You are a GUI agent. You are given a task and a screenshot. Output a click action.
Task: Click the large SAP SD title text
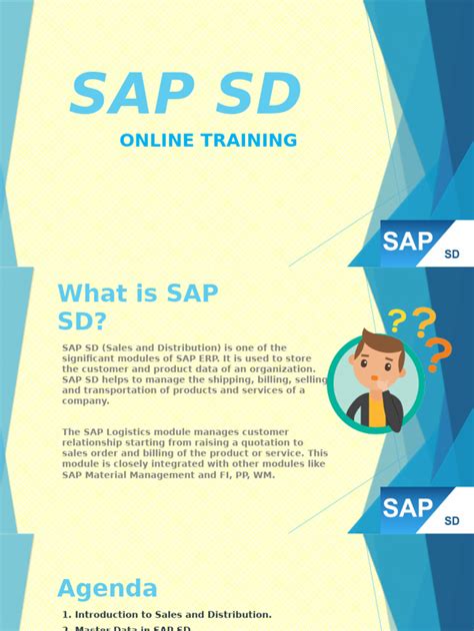186,95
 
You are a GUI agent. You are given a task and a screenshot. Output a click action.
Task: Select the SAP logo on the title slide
409,242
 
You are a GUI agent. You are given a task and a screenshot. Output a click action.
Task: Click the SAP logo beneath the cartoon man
409,507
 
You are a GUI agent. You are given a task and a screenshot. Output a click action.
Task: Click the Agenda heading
107,588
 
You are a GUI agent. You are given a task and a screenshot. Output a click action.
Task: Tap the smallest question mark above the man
397,320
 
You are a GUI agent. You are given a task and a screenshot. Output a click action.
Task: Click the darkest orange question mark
438,352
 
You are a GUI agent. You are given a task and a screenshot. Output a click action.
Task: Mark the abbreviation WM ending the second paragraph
265,474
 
